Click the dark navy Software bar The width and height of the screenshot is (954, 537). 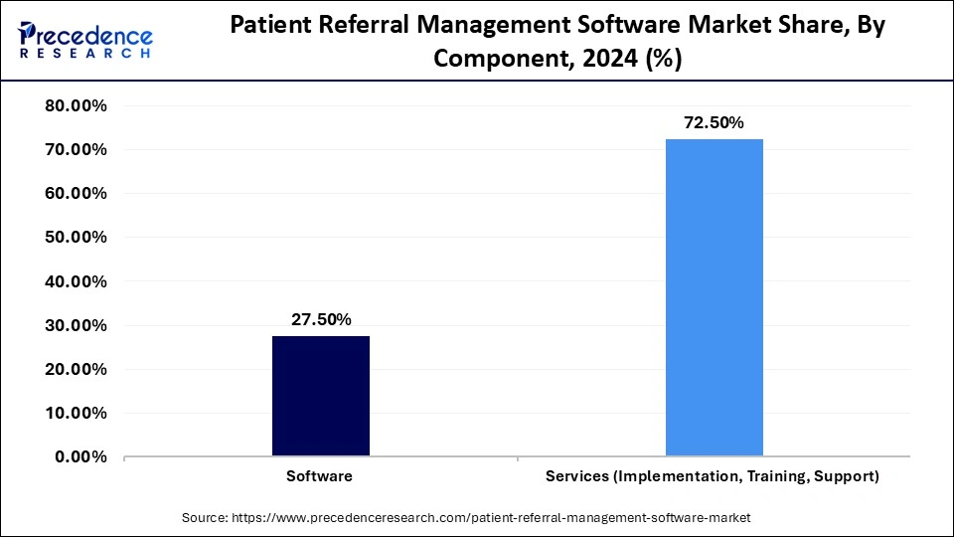(320, 396)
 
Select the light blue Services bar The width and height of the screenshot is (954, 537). (714, 297)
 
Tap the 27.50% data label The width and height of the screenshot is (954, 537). (320, 319)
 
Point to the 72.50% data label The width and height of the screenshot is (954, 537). (714, 122)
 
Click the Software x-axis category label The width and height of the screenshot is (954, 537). (320, 476)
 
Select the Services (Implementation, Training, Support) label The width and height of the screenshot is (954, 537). (713, 476)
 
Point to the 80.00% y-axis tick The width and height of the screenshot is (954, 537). (76, 106)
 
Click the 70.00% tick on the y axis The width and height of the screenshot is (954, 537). (76, 150)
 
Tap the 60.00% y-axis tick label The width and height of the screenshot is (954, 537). (76, 194)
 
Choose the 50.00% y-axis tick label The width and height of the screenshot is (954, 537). (76, 238)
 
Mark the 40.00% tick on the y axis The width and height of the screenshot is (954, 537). (76, 281)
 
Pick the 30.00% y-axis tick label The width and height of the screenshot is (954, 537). (76, 325)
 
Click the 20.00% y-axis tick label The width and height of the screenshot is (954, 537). (76, 369)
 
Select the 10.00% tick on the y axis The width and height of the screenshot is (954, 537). (76, 413)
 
